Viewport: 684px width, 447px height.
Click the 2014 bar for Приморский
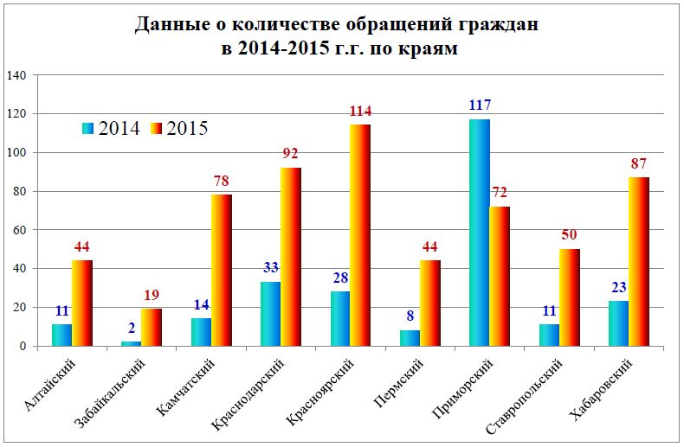click(479, 233)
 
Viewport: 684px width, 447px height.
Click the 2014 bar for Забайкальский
click(130, 343)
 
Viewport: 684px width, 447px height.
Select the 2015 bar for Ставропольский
click(569, 297)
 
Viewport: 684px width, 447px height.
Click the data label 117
click(479, 105)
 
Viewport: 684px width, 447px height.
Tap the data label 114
click(360, 112)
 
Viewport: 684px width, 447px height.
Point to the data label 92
click(291, 154)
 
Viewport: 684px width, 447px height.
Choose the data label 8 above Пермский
click(409, 316)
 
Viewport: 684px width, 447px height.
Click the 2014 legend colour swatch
click(88, 128)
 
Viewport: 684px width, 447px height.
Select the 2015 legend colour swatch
click(158, 128)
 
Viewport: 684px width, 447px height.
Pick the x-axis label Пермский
click(412, 380)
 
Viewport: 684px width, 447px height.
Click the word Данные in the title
click(168, 25)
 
